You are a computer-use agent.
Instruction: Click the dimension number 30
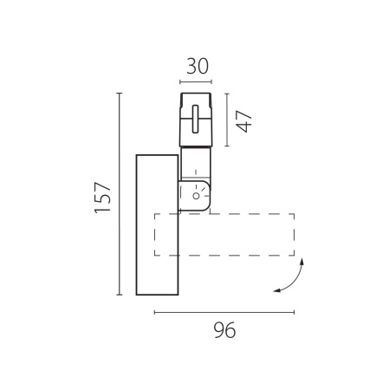tap(198, 66)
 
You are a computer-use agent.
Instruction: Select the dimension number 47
tap(244, 121)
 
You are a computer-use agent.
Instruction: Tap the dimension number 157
tap(103, 198)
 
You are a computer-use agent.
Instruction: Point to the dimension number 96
tap(224, 330)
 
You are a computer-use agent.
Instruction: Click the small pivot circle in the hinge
tap(196, 196)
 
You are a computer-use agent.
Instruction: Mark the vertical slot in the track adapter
tap(196, 119)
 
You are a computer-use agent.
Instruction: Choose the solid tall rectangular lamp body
tap(157, 224)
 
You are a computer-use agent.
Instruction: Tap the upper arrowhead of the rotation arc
tap(302, 261)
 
